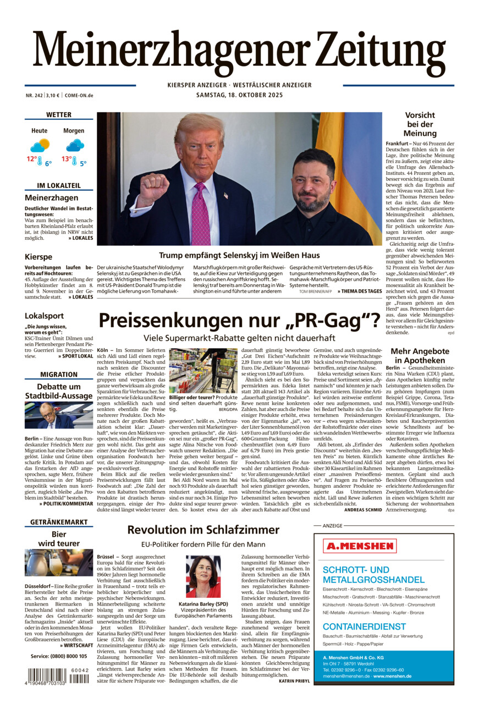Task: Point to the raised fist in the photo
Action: [x=153, y=189]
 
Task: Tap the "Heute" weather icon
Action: [x=40, y=146]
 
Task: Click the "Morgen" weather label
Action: [x=74, y=131]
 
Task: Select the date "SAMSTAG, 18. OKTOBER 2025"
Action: [x=239, y=95]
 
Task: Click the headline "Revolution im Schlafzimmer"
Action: [x=203, y=530]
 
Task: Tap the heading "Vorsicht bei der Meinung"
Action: [x=420, y=124]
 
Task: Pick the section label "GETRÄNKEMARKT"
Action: [x=58, y=521]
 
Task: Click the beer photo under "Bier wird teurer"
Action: [x=58, y=562]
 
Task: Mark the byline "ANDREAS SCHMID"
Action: [x=364, y=510]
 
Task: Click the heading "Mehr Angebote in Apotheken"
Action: [x=420, y=355]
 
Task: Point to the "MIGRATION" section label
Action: [x=58, y=375]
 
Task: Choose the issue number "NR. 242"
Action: [x=35, y=95]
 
